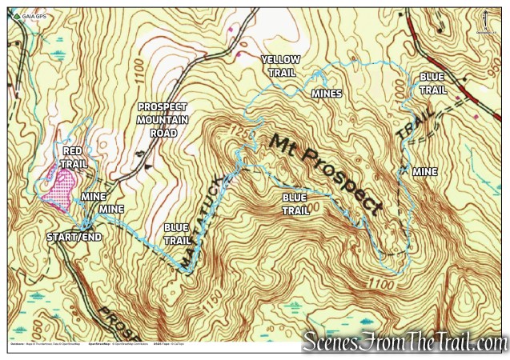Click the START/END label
73,238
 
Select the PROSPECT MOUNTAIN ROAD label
163,119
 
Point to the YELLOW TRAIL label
280,66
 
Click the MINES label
327,94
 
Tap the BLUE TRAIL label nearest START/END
176,233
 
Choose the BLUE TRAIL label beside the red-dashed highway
432,84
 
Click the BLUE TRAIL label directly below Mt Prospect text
295,202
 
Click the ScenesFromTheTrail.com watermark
404,342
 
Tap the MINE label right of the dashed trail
424,172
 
